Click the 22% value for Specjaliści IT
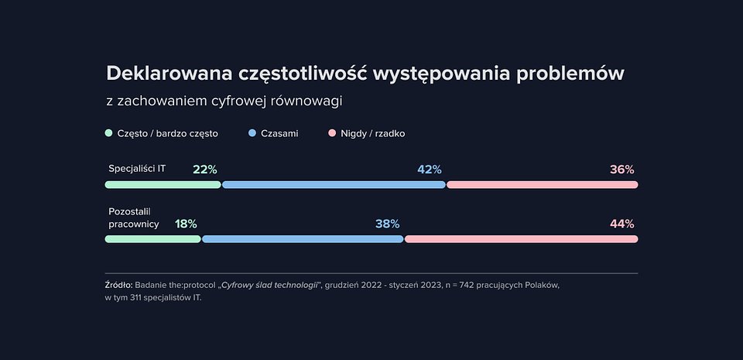204,170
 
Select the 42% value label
429,170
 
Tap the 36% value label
621,170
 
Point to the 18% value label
186,224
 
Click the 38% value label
387,224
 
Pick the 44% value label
621,224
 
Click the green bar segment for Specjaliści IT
163,185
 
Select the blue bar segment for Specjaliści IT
334,185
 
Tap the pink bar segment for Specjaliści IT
542,185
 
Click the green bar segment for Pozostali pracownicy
152,239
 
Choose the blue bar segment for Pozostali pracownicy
303,239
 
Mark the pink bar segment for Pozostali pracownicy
521,239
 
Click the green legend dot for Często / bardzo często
109,133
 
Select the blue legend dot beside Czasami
253,133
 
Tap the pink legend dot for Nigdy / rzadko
333,133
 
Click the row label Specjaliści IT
137,168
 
